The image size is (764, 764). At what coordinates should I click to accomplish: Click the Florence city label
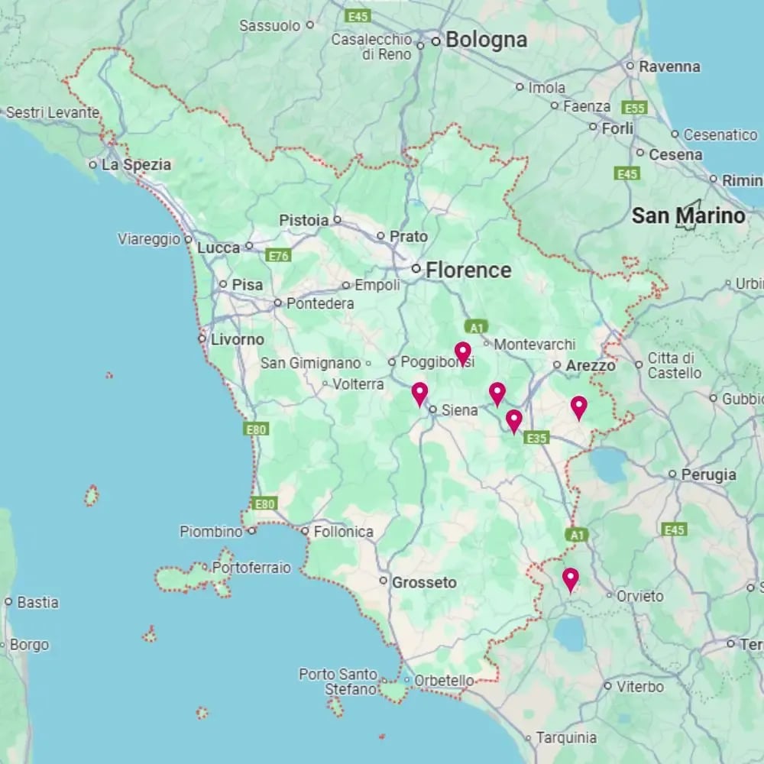click(x=468, y=270)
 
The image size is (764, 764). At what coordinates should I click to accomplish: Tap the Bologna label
click(x=486, y=40)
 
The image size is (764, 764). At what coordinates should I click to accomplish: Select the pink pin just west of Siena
click(x=419, y=393)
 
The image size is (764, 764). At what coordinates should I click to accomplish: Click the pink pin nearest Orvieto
click(x=570, y=579)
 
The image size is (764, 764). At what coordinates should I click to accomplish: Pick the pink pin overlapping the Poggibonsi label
click(x=462, y=352)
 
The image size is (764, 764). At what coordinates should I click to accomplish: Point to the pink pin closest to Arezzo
click(x=578, y=407)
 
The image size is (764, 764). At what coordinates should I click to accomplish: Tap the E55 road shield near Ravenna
click(x=635, y=108)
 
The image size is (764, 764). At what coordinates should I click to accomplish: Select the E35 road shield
click(x=537, y=438)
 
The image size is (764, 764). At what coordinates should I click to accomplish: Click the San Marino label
click(x=688, y=216)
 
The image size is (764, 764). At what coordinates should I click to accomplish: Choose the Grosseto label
click(x=424, y=582)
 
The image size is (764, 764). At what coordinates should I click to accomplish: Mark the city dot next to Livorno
click(x=202, y=338)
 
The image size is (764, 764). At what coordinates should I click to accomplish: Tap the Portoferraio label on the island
click(x=251, y=568)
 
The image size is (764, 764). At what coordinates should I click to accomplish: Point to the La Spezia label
click(x=136, y=164)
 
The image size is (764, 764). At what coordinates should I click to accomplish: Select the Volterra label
click(x=358, y=384)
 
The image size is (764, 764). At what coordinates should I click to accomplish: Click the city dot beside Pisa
click(x=223, y=284)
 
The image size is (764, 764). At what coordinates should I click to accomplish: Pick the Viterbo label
click(x=639, y=686)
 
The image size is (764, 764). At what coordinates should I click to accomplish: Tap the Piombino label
click(x=210, y=531)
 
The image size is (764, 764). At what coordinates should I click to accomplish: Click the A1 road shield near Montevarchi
click(x=476, y=327)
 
